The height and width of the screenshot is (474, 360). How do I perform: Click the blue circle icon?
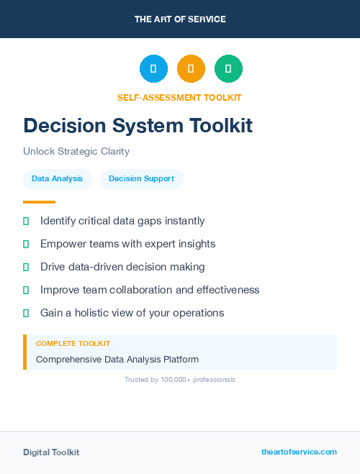153,69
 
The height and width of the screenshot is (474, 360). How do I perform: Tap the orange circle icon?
191,69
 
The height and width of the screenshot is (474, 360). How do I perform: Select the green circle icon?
228,69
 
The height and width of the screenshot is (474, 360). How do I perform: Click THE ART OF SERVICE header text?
180,19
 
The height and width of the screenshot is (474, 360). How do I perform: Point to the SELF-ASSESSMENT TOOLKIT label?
179,97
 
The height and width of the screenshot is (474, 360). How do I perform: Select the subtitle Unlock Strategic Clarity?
76,152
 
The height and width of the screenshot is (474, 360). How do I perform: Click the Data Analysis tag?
57,178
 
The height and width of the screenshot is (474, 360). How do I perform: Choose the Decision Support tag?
141,178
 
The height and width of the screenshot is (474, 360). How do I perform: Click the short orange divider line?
39,202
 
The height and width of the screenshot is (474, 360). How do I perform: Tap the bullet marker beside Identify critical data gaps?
26,222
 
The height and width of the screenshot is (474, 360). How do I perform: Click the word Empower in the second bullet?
63,244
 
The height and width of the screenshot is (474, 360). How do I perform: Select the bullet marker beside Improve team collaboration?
26,290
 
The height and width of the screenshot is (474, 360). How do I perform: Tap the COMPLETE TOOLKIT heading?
73,344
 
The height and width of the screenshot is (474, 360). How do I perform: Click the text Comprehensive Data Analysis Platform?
117,359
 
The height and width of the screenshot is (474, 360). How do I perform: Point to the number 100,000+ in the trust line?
167,379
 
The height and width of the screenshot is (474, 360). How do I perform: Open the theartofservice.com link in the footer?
299,452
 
